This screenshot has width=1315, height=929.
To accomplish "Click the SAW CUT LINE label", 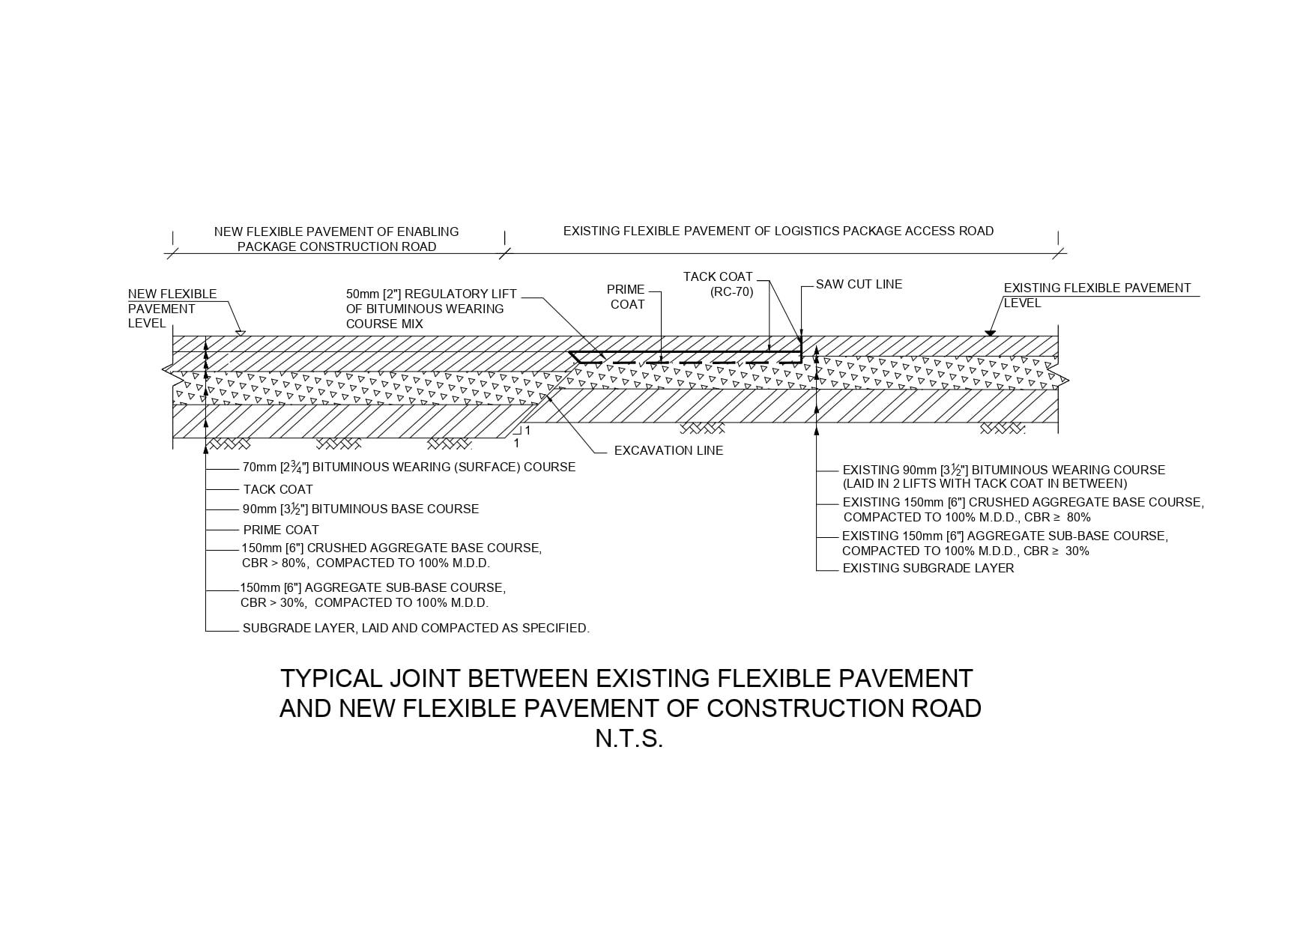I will [x=859, y=285].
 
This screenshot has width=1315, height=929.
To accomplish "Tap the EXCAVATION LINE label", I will [x=668, y=450].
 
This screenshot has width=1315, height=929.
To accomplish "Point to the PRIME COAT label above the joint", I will [x=626, y=297].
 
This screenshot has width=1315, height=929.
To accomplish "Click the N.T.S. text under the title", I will [x=629, y=739].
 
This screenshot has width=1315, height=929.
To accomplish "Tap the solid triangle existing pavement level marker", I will [x=990, y=331].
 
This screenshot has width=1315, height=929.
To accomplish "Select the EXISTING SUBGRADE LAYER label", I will [x=928, y=569].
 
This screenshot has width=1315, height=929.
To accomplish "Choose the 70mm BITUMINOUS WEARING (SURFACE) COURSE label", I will [x=408, y=467].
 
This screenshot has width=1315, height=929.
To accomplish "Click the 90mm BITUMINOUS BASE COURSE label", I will [x=360, y=509].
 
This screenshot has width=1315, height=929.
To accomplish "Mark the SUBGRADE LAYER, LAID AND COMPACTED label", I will [x=416, y=629].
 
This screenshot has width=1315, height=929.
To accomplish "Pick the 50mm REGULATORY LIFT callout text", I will [x=431, y=309].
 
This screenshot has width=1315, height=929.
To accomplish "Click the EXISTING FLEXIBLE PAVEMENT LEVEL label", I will [x=1096, y=295].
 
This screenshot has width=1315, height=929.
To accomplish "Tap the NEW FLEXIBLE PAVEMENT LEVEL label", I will [x=172, y=309].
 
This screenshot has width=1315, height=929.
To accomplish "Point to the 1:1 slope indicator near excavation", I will [x=522, y=436].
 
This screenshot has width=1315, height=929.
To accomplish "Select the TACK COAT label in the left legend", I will [x=278, y=490].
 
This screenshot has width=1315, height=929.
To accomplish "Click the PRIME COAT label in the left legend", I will [x=281, y=530].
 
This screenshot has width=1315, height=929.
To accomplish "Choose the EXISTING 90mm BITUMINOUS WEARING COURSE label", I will [x=1003, y=477].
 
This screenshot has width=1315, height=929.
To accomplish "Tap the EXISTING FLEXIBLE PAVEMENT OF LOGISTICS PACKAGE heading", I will [x=778, y=232].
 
